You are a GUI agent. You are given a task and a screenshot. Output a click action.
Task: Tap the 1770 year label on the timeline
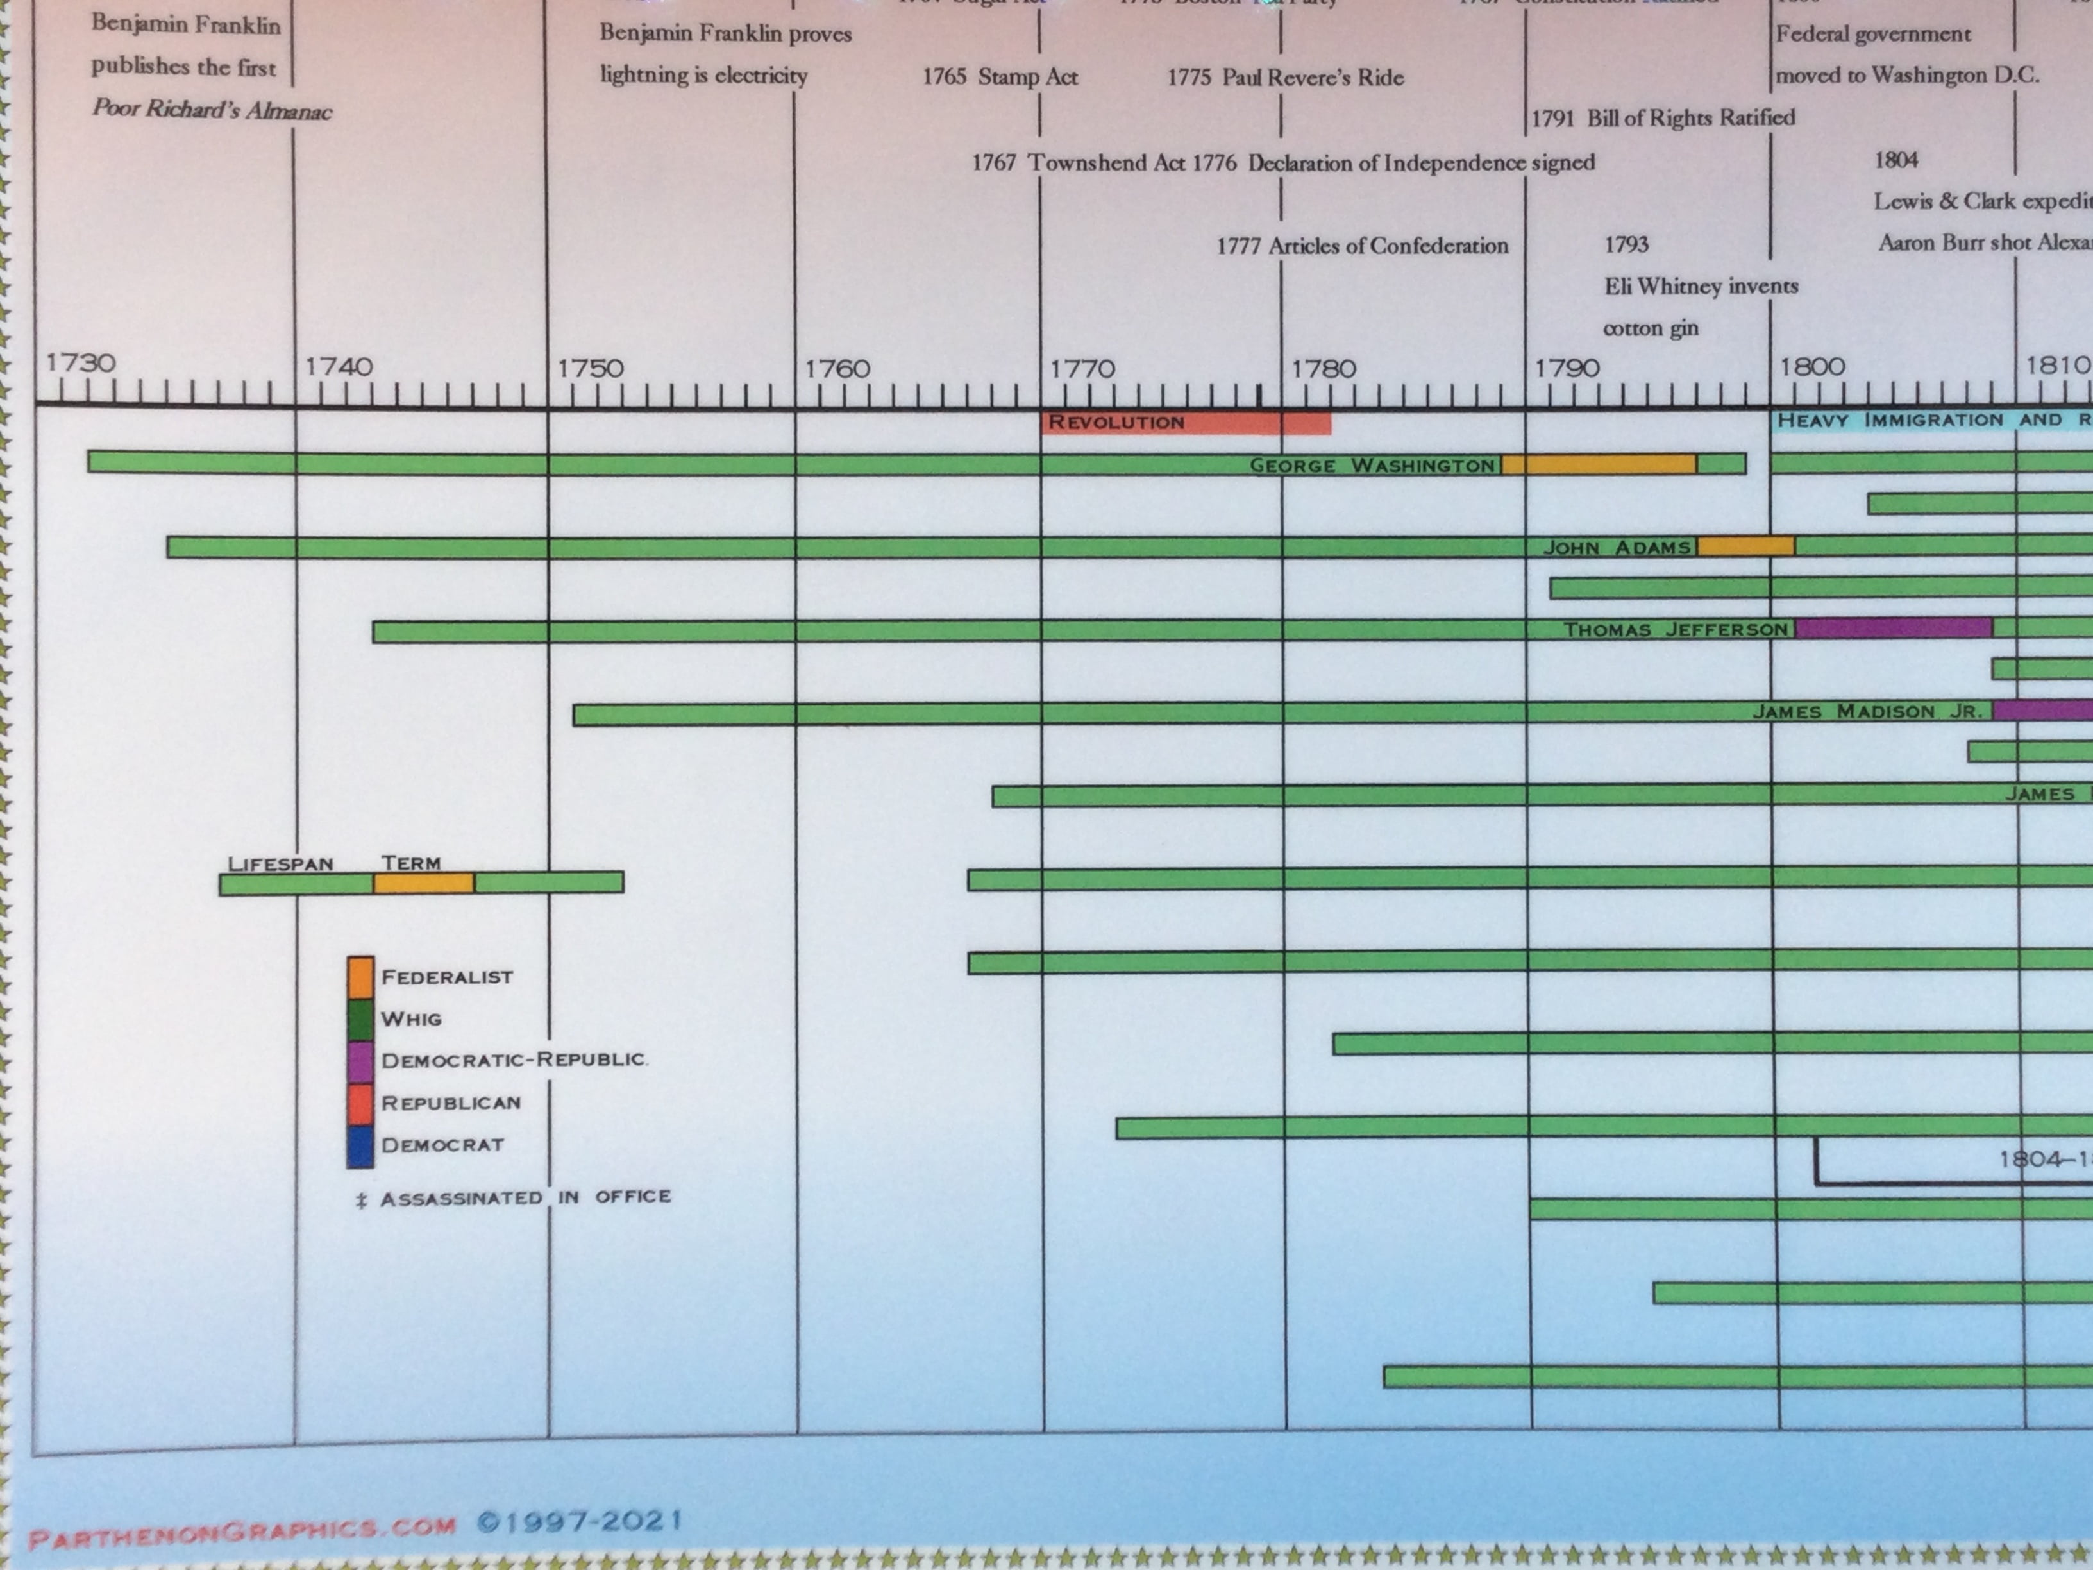click(1082, 368)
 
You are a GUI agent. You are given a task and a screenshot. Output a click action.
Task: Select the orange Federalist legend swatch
click(360, 977)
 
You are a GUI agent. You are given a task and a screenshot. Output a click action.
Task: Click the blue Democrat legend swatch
click(360, 1145)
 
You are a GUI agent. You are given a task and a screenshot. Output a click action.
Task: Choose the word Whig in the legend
click(410, 1019)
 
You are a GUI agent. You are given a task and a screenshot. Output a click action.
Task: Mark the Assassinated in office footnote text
click(525, 1198)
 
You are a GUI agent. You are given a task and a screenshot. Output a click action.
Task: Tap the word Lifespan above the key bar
click(280, 864)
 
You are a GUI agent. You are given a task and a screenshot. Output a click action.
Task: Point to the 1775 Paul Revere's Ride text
click(1285, 78)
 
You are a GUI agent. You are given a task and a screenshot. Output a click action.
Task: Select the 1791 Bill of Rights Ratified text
click(1663, 118)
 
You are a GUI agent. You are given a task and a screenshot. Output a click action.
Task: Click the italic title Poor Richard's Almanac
click(212, 110)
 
